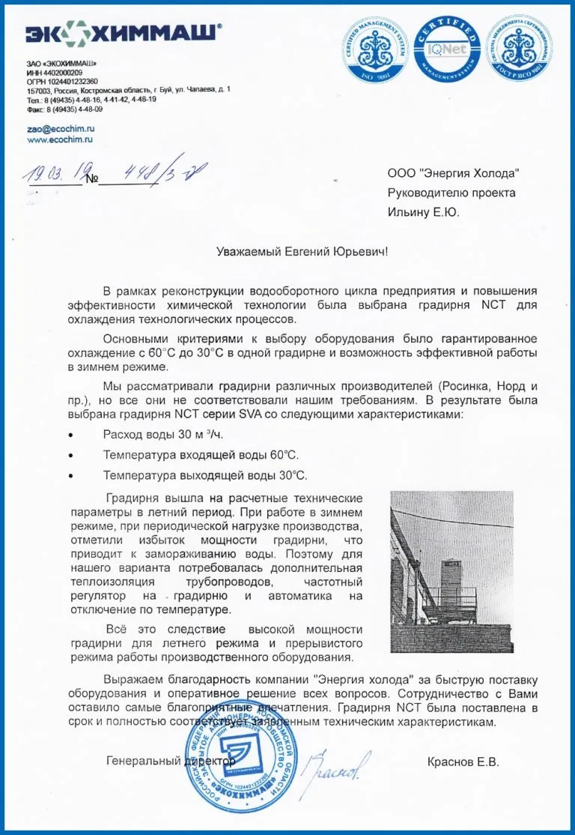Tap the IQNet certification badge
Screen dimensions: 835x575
click(447, 49)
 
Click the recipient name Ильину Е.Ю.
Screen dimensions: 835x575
click(423, 212)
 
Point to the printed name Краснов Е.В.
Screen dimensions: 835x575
click(463, 762)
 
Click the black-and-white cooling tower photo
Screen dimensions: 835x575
click(451, 572)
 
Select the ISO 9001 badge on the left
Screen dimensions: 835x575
click(377, 49)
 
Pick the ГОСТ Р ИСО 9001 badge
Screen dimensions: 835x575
click(519, 49)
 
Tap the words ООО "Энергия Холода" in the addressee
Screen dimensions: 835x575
click(453, 173)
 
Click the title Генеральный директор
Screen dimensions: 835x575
click(171, 761)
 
